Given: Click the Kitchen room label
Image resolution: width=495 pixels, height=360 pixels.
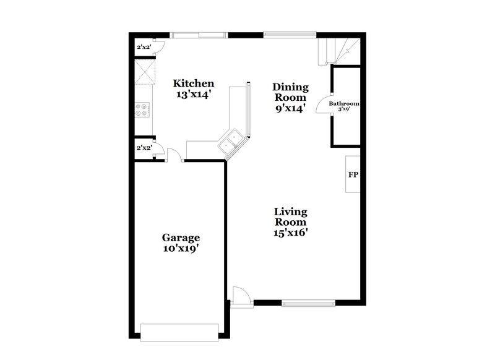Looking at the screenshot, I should (193, 84).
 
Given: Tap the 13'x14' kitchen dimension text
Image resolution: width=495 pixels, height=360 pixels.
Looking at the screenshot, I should (193, 96).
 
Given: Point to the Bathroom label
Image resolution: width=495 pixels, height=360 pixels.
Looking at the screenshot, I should (343, 104).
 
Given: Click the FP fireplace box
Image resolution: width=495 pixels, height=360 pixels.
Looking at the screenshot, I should (353, 175).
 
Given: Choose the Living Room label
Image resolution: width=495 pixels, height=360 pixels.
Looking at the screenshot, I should (290, 217).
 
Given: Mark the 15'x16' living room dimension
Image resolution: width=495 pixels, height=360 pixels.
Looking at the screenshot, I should (290, 233).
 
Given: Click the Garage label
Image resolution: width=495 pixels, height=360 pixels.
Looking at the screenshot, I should (181, 237).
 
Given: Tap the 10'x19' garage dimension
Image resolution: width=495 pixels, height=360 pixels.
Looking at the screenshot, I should (181, 249).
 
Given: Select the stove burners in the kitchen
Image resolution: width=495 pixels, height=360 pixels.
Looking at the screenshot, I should (143, 109).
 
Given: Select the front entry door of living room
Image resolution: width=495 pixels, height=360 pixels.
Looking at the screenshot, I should (241, 296).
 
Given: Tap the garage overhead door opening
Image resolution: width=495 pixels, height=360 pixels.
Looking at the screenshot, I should (180, 332).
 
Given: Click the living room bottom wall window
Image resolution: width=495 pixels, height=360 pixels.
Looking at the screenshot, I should (308, 303).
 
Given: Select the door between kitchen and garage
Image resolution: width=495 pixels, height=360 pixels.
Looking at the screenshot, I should (176, 156).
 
